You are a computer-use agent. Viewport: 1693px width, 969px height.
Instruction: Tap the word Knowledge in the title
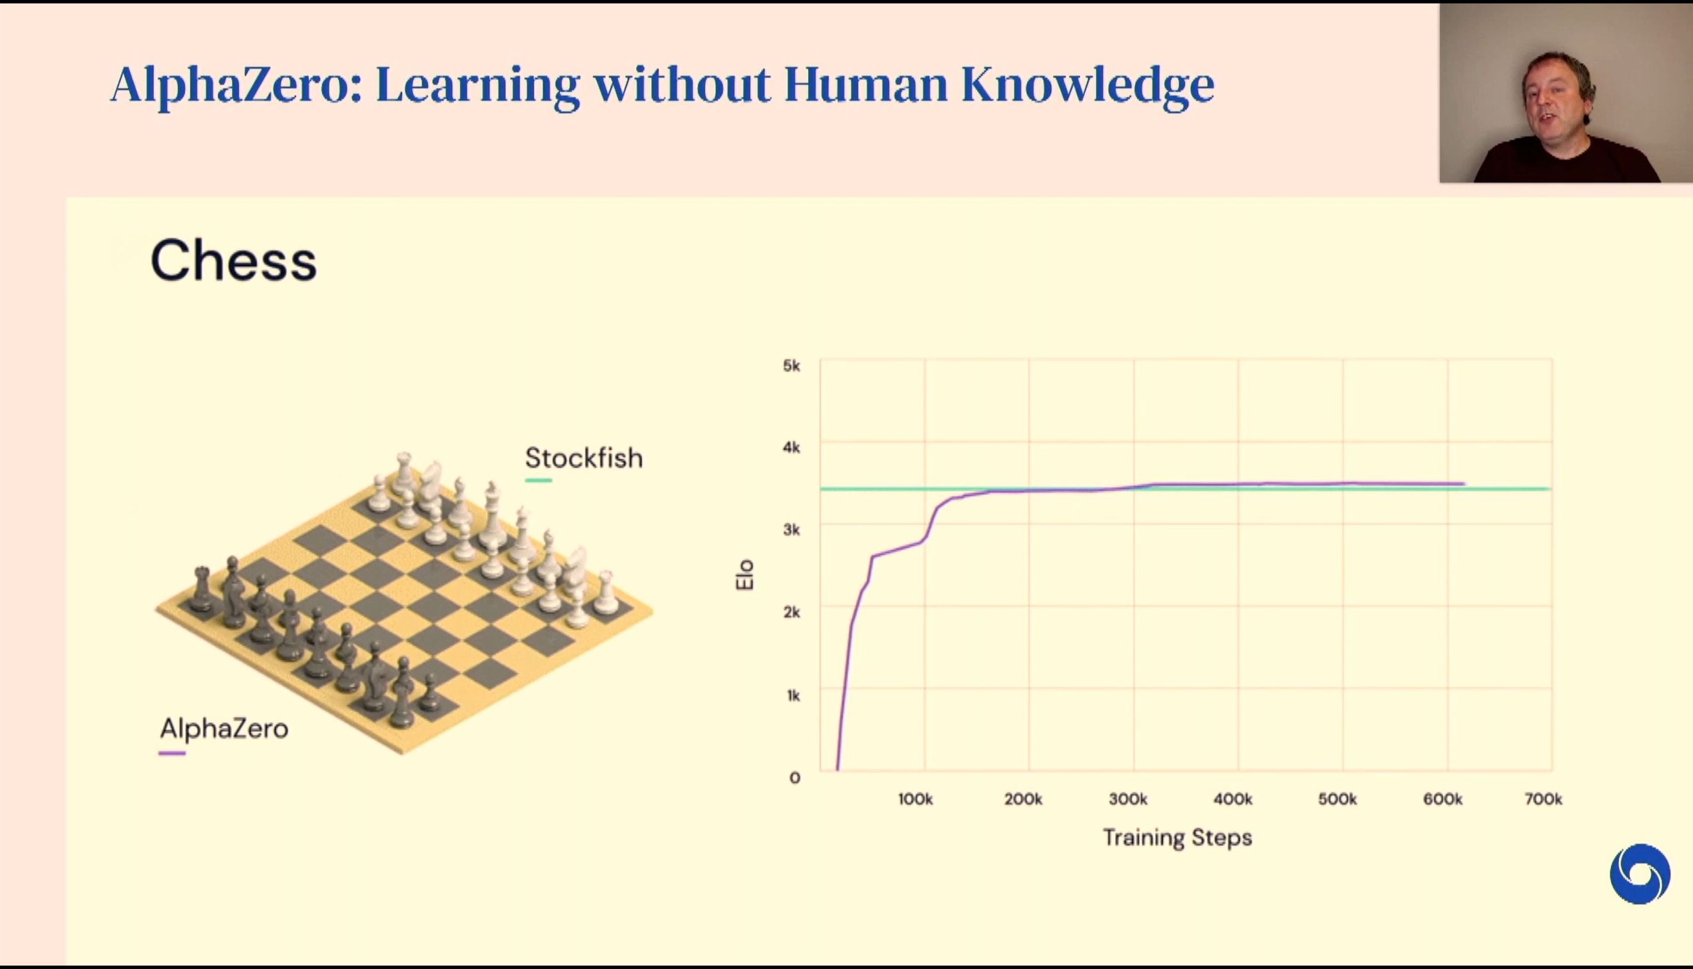coord(1088,84)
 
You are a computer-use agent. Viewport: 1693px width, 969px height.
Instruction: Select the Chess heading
coord(234,260)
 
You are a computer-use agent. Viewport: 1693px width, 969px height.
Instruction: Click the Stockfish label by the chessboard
coord(584,458)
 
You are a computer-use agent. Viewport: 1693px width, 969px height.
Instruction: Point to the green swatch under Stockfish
coord(538,480)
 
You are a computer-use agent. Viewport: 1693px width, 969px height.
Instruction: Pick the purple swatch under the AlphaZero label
coord(172,754)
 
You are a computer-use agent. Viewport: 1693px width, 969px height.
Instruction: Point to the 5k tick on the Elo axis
coord(791,365)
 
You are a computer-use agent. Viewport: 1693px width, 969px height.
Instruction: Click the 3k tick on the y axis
coord(791,530)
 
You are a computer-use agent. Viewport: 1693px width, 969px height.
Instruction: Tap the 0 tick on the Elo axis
coord(795,777)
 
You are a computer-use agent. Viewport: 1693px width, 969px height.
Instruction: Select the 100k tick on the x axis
coord(915,799)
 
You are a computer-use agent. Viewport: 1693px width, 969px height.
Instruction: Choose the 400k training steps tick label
coord(1232,799)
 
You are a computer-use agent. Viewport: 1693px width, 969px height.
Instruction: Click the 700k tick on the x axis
coord(1543,799)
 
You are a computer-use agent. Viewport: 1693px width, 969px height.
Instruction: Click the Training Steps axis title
coord(1177,838)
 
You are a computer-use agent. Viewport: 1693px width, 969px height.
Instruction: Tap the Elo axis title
coord(744,575)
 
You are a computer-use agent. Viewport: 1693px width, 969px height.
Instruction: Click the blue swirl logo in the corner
coord(1640,874)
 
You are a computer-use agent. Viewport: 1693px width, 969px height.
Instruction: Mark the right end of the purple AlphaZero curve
coord(1463,484)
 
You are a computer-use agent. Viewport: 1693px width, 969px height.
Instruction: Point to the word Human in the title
coord(866,84)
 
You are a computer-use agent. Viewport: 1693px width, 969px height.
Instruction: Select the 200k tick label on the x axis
coord(1023,799)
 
